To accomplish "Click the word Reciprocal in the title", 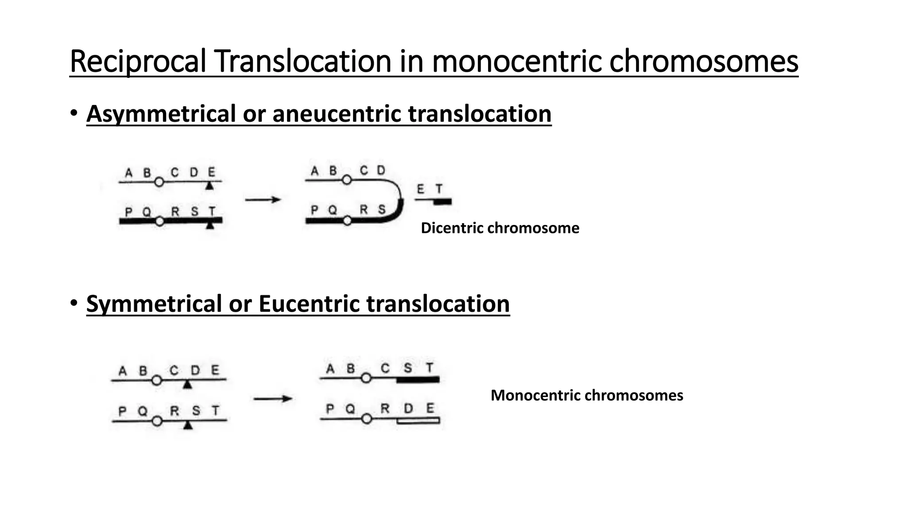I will [x=138, y=62].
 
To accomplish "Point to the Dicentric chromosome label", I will [x=500, y=228].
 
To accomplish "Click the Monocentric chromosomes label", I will [x=586, y=395].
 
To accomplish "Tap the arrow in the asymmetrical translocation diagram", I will [x=263, y=200].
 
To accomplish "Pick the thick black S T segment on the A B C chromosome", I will [x=418, y=379].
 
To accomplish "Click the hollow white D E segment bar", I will [x=418, y=421].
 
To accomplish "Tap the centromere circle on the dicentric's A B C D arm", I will [x=347, y=180].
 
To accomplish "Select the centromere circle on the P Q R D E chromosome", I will [x=366, y=419].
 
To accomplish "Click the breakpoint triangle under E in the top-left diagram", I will [x=210, y=186].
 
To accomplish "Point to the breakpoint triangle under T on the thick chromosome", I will [x=210, y=226].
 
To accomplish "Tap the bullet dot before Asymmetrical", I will [x=74, y=113].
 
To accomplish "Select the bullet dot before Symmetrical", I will [x=74, y=304].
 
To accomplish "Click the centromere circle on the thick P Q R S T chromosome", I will [x=160, y=221].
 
